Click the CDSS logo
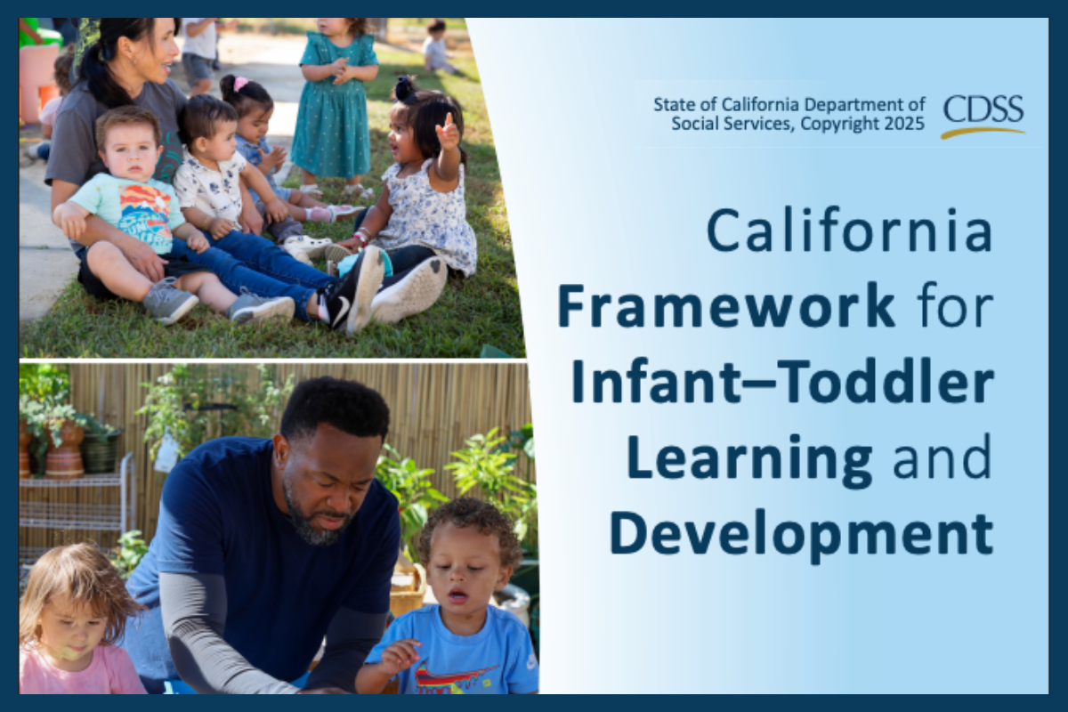(983, 117)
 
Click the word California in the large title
(850, 231)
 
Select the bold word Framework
(725, 305)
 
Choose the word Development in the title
(802, 535)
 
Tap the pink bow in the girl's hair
(240, 84)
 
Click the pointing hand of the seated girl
(447, 131)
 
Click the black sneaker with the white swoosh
(352, 294)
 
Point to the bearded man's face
(328, 489)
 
